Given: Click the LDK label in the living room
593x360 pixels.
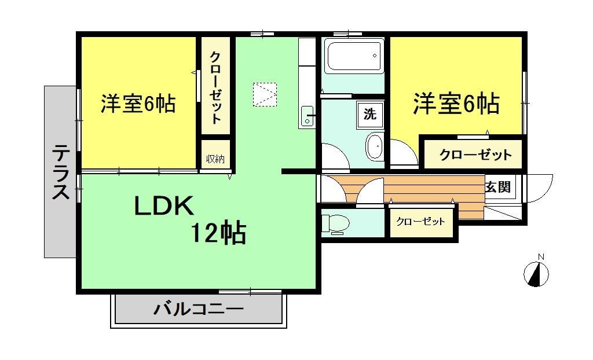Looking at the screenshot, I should pos(163,207).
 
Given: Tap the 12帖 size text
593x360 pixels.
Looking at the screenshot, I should pos(218,233).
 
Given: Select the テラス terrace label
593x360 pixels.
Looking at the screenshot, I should pos(59,172).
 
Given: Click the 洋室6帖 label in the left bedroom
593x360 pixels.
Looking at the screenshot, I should pos(138,104).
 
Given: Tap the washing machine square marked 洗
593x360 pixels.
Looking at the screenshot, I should pos(369,114).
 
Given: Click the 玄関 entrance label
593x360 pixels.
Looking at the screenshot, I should pos(498,187).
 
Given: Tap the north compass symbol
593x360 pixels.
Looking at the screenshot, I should pos(536,274).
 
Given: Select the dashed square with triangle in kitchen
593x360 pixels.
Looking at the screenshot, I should pos(265,94).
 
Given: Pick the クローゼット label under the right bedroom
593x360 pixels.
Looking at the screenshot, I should pos(475,155).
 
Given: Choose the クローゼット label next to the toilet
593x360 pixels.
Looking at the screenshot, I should pos(420,222).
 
